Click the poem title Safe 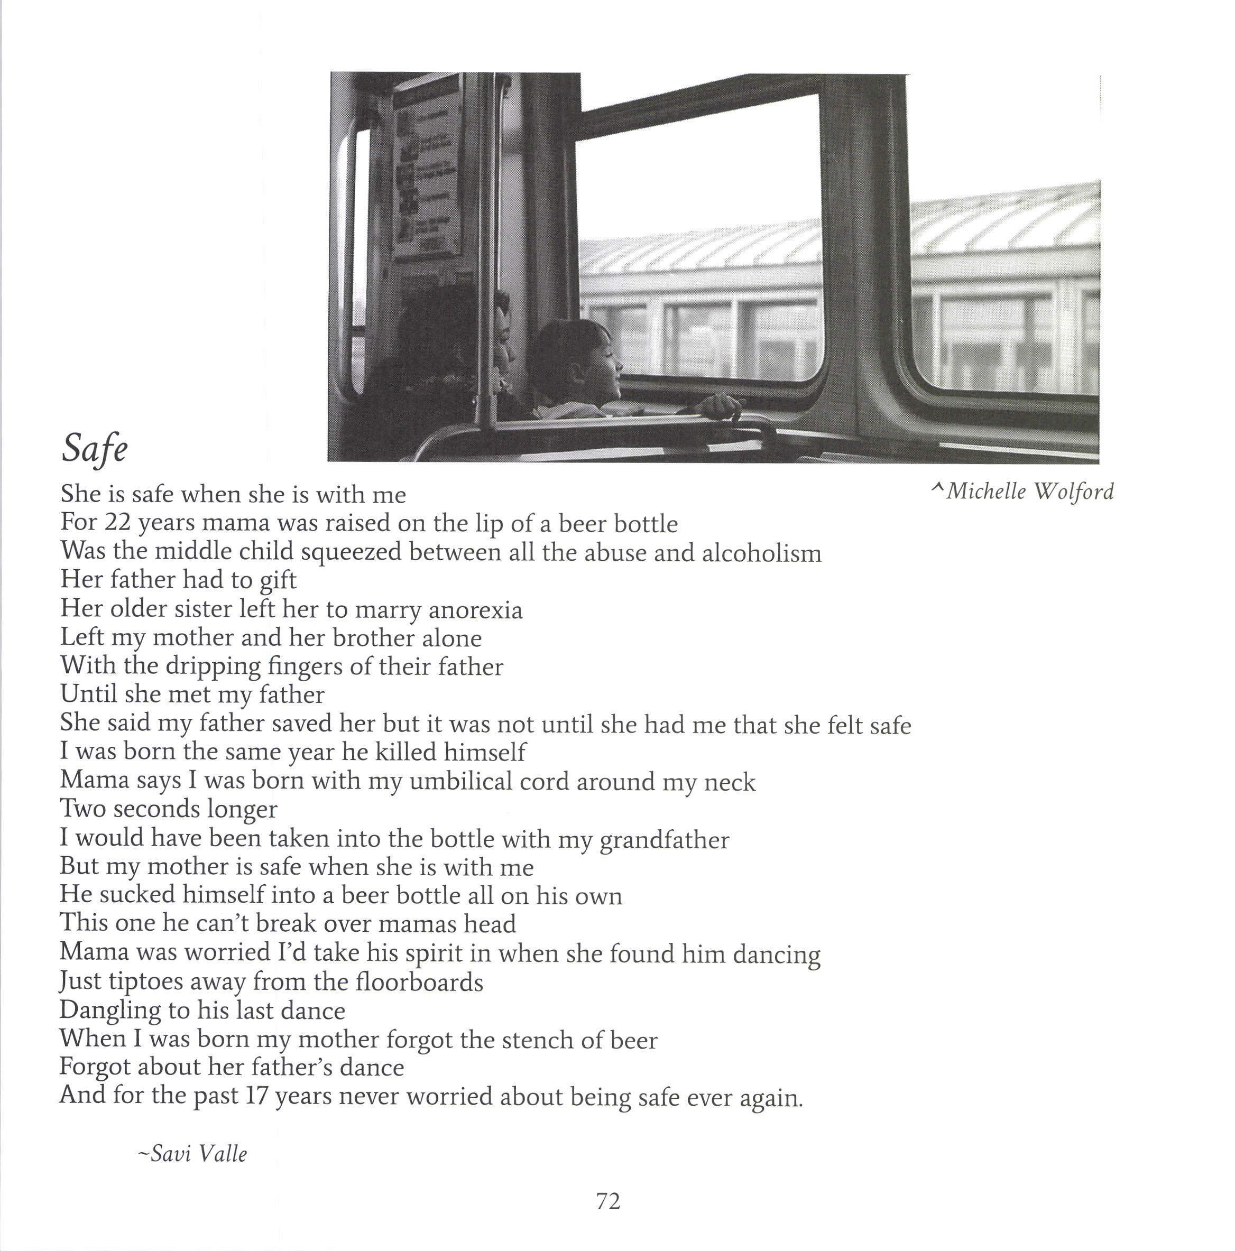point(95,448)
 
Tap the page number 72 point(608,1202)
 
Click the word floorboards point(419,983)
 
